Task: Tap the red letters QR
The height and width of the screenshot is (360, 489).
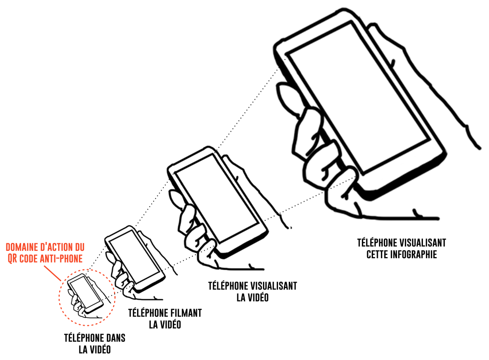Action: (x=12, y=259)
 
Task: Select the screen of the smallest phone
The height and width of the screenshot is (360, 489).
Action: (x=85, y=292)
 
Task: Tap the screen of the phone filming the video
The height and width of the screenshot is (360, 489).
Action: (x=135, y=257)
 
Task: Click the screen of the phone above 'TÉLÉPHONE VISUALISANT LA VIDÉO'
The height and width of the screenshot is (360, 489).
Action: (x=216, y=198)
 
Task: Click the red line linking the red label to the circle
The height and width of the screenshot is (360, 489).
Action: (x=52, y=273)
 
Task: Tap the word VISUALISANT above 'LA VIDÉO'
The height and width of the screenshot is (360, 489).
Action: (x=274, y=286)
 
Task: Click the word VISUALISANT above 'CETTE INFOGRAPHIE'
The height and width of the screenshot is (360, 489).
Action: (x=423, y=243)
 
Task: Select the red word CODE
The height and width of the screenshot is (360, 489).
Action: (x=30, y=259)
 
